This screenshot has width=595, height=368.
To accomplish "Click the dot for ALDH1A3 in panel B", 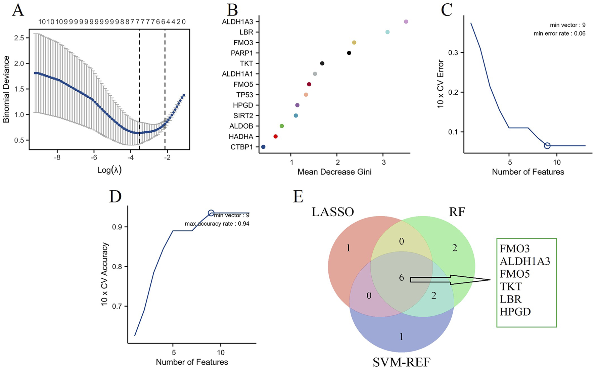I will pyautogui.click(x=406, y=22).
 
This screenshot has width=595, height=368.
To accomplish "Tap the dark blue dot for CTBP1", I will pyautogui.click(x=263, y=147).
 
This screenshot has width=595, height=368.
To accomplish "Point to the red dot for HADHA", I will pyautogui.click(x=275, y=137).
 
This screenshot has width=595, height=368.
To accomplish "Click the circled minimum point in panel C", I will pyautogui.click(x=547, y=146).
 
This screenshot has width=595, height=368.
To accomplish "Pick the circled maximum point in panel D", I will pyautogui.click(x=211, y=213).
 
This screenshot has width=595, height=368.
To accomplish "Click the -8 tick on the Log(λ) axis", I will pyautogui.click(x=57, y=157).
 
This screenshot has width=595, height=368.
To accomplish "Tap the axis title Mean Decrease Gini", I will pyautogui.click(x=334, y=172).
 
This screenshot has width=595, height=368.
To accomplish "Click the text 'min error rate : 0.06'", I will pyautogui.click(x=559, y=34).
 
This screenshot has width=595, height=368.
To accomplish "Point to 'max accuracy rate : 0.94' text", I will pyautogui.click(x=217, y=224).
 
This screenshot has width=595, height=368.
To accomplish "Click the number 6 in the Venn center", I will pyautogui.click(x=401, y=278).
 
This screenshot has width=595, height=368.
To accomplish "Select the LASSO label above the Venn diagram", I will pyautogui.click(x=332, y=212).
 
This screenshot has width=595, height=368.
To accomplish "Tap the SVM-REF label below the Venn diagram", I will pyautogui.click(x=401, y=362).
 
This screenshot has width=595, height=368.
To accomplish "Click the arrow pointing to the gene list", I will pyautogui.click(x=450, y=280).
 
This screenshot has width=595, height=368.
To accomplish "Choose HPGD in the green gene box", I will pyautogui.click(x=515, y=312).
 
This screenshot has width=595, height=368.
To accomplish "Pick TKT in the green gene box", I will pyautogui.click(x=511, y=287).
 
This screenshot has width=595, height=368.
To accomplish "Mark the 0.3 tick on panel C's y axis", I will pyautogui.click(x=453, y=53).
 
